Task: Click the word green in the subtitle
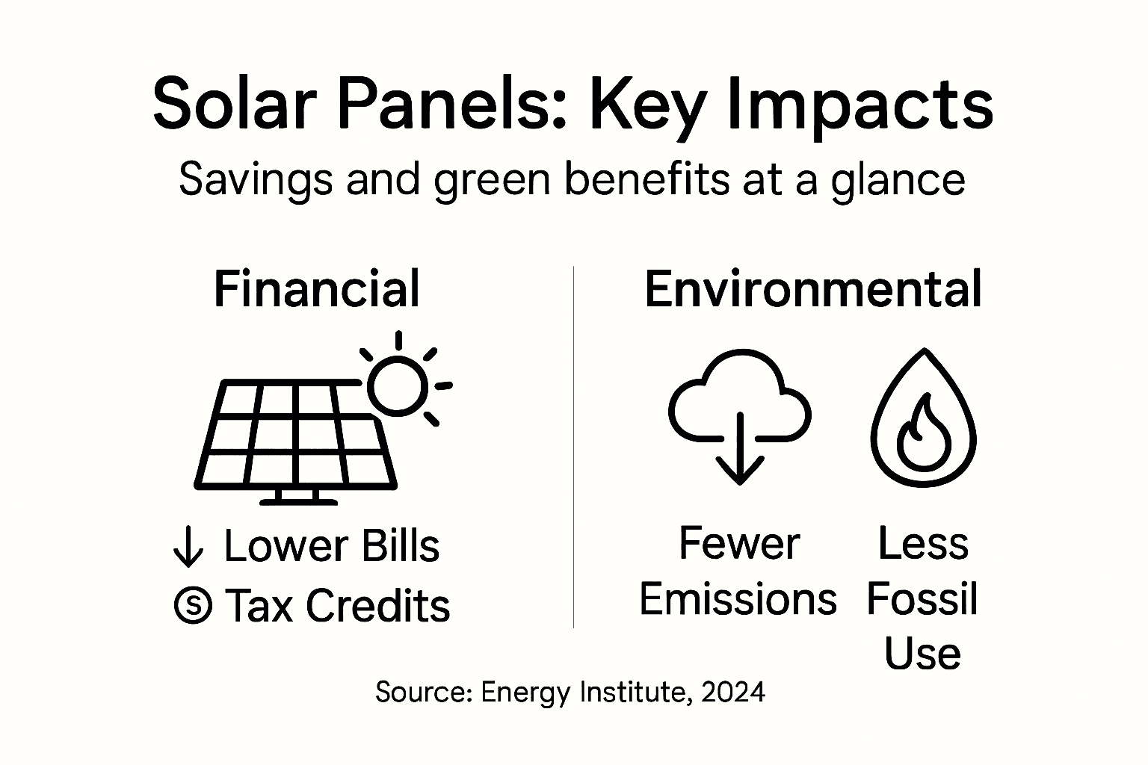click(x=493, y=181)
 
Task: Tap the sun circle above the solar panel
click(x=397, y=386)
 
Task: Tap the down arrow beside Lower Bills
click(x=188, y=547)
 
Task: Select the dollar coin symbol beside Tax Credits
click(x=193, y=605)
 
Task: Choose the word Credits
click(x=378, y=605)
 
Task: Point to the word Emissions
click(x=738, y=599)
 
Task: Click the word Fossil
click(x=922, y=599)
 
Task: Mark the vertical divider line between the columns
click(x=573, y=448)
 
